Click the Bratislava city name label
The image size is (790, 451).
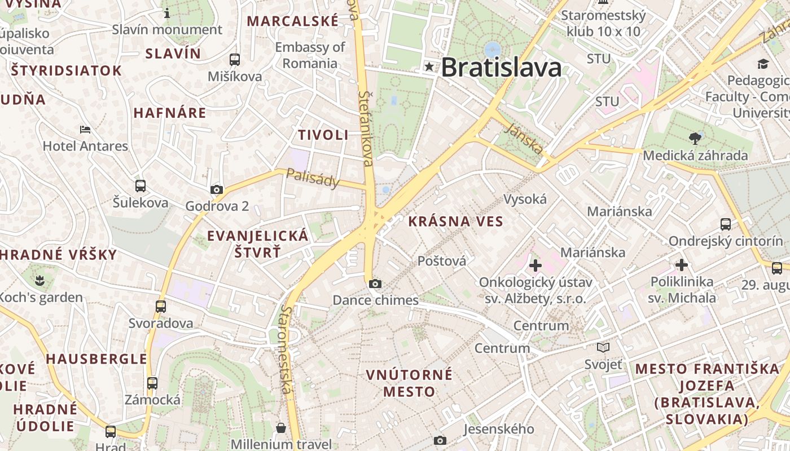point(501,68)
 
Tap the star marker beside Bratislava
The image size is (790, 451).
point(429,67)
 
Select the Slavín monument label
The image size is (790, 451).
point(167,29)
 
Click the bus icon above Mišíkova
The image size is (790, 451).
point(235,59)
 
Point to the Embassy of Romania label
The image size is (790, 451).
point(310,55)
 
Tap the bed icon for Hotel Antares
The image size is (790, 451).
point(85,130)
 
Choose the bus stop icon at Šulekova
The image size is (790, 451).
point(141,185)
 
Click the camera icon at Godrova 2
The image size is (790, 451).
point(217,190)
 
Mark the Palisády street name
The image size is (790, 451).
point(313,178)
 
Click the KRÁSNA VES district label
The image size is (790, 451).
point(455,222)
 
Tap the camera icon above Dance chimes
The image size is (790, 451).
point(375,284)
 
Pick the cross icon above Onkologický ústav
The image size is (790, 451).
point(535,264)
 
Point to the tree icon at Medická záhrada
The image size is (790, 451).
point(695,138)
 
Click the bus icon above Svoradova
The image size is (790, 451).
point(161,307)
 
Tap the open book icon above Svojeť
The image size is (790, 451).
point(603,348)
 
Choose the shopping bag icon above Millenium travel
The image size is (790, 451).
point(281,428)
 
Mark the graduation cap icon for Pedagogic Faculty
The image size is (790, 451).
point(763,64)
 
